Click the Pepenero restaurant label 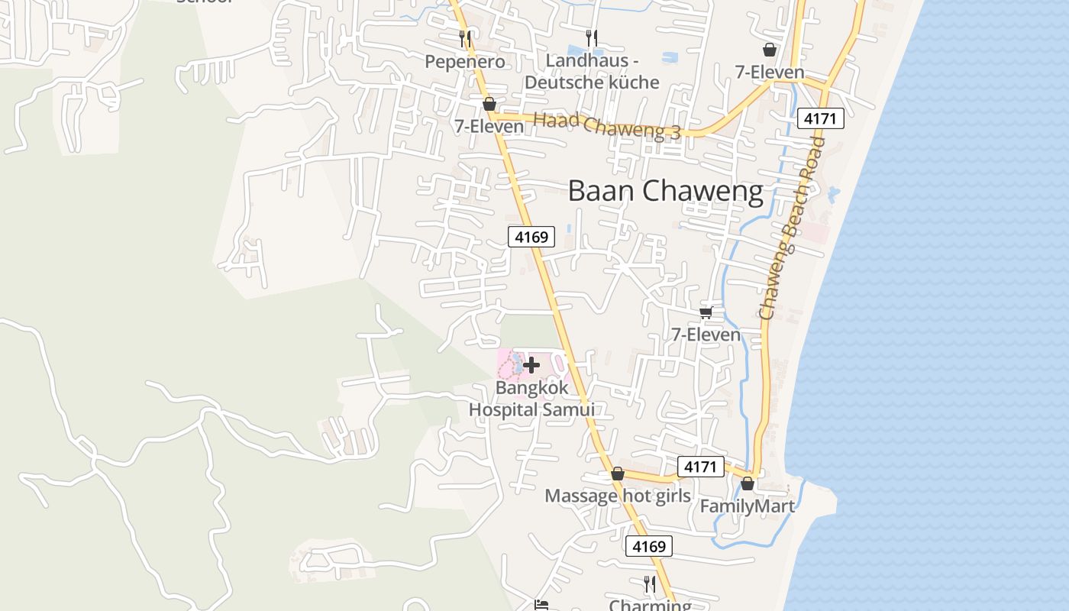[465, 62]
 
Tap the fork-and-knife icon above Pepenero [464, 37]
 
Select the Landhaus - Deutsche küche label [593, 71]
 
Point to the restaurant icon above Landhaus [591, 37]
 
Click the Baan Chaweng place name [665, 191]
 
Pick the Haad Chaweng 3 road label [606, 125]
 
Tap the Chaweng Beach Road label [793, 228]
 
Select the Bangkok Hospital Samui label [531, 398]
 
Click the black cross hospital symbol [531, 365]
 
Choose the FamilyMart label [747, 506]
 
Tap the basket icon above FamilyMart [748, 483]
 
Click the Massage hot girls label [617, 496]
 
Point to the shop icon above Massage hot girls [617, 474]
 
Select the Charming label [650, 605]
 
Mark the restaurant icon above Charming [650, 584]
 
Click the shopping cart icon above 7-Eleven [706, 312]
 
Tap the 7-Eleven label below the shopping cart [706, 335]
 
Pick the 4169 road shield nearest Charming [649, 546]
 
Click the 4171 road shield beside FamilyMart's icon [700, 467]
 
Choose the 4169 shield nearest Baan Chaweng [531, 237]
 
